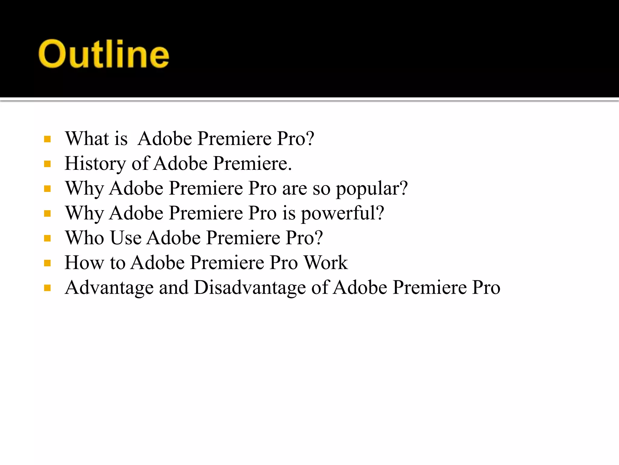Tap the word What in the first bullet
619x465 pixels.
87,139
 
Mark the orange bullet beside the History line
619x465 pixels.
47,164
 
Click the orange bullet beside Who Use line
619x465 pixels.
47,238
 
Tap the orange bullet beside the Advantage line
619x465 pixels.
47,288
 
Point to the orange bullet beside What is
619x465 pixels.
47,139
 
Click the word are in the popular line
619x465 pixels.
294,189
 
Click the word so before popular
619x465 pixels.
321,189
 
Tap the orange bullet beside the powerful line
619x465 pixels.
47,214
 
